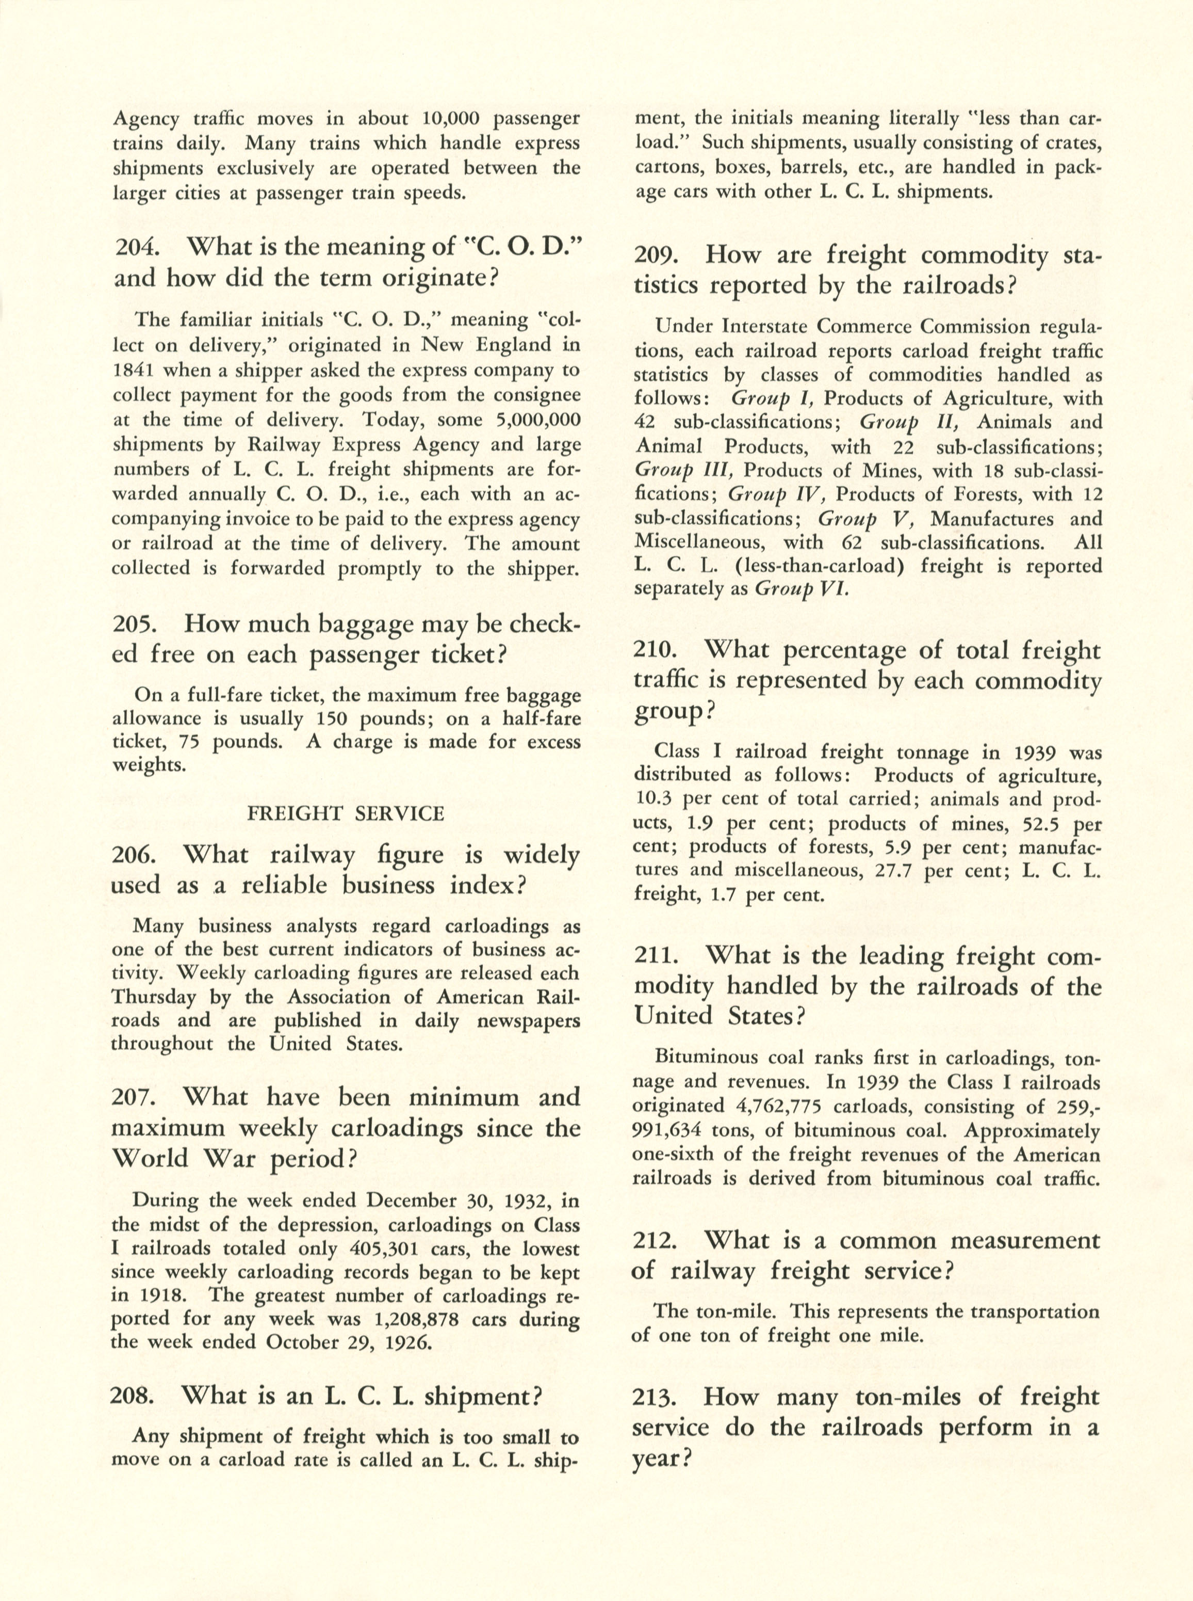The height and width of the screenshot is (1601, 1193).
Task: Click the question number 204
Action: tap(135, 247)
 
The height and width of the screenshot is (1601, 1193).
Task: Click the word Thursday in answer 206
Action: tap(153, 997)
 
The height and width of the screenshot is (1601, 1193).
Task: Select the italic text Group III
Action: tap(683, 470)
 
